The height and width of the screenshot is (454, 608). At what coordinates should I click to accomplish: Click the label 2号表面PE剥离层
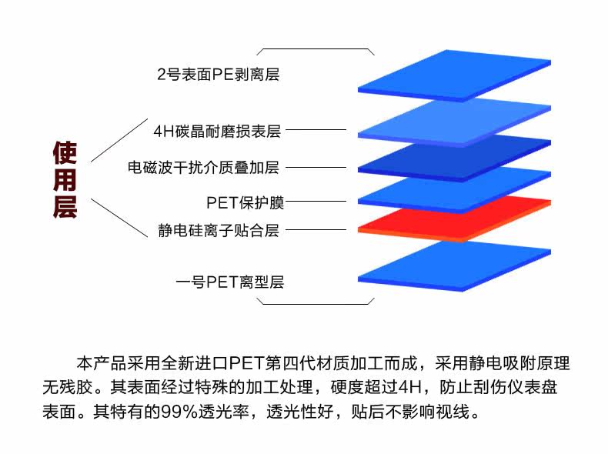click(x=217, y=75)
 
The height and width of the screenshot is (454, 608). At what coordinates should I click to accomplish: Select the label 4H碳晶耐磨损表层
click(x=218, y=131)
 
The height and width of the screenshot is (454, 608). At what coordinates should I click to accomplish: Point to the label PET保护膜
click(x=246, y=202)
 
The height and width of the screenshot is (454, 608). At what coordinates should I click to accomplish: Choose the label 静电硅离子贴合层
click(x=218, y=230)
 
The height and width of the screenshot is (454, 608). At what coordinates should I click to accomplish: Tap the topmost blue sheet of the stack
click(x=454, y=75)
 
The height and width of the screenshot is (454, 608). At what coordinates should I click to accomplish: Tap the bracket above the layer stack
click(x=316, y=49)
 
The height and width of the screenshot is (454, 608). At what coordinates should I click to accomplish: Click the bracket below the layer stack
click(x=316, y=302)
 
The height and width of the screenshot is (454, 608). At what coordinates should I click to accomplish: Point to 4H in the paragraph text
click(x=416, y=386)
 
